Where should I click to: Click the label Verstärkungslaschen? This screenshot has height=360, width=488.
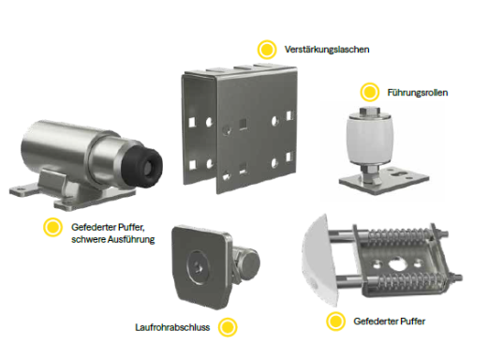[x=327, y=50]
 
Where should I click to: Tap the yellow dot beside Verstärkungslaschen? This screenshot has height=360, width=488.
[x=267, y=50]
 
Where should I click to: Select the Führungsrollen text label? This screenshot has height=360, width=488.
[x=418, y=93]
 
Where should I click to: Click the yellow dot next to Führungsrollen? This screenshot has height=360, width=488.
[x=370, y=92]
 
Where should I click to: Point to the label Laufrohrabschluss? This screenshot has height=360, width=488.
[x=172, y=327]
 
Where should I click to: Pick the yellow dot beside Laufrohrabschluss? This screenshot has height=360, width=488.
[x=228, y=327]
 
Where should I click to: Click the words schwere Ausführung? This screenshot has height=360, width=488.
[x=113, y=239]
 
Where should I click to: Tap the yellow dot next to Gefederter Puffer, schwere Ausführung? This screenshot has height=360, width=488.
[x=52, y=227]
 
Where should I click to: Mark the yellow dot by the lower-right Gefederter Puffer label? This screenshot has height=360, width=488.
[x=336, y=321]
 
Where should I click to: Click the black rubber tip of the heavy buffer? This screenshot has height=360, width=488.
[x=143, y=164]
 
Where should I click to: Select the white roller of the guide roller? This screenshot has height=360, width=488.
[x=370, y=140]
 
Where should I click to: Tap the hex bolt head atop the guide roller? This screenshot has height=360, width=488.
[x=369, y=112]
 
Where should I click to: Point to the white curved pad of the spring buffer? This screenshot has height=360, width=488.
[x=319, y=261]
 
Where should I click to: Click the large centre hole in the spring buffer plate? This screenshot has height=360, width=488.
[x=396, y=263]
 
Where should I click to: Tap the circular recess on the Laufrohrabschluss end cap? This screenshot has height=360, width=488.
[x=199, y=266]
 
